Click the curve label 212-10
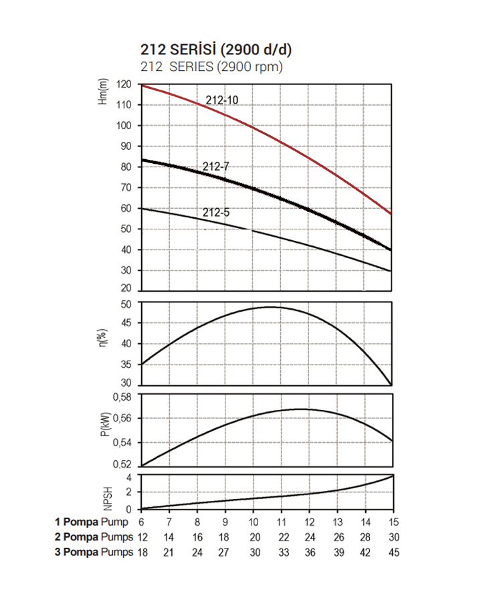point(221,100)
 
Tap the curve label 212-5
point(216,213)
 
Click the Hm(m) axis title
point(103,92)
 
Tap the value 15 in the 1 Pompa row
point(393,522)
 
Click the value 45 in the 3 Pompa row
point(393,552)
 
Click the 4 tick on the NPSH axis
point(131,478)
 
